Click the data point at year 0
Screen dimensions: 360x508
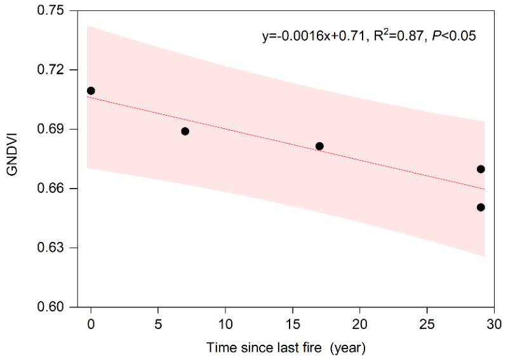pos(91,91)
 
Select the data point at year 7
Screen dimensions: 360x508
pos(185,131)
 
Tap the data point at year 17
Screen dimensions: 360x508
pos(319,146)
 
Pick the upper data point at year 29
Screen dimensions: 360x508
pos(481,169)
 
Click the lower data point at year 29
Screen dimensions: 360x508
pos(481,207)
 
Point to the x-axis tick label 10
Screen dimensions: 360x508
pos(225,324)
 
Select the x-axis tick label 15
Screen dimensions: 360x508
pos(293,324)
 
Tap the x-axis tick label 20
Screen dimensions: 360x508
pos(360,324)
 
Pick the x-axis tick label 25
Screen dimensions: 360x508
pos(427,324)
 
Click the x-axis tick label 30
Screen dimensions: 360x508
pos(495,324)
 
